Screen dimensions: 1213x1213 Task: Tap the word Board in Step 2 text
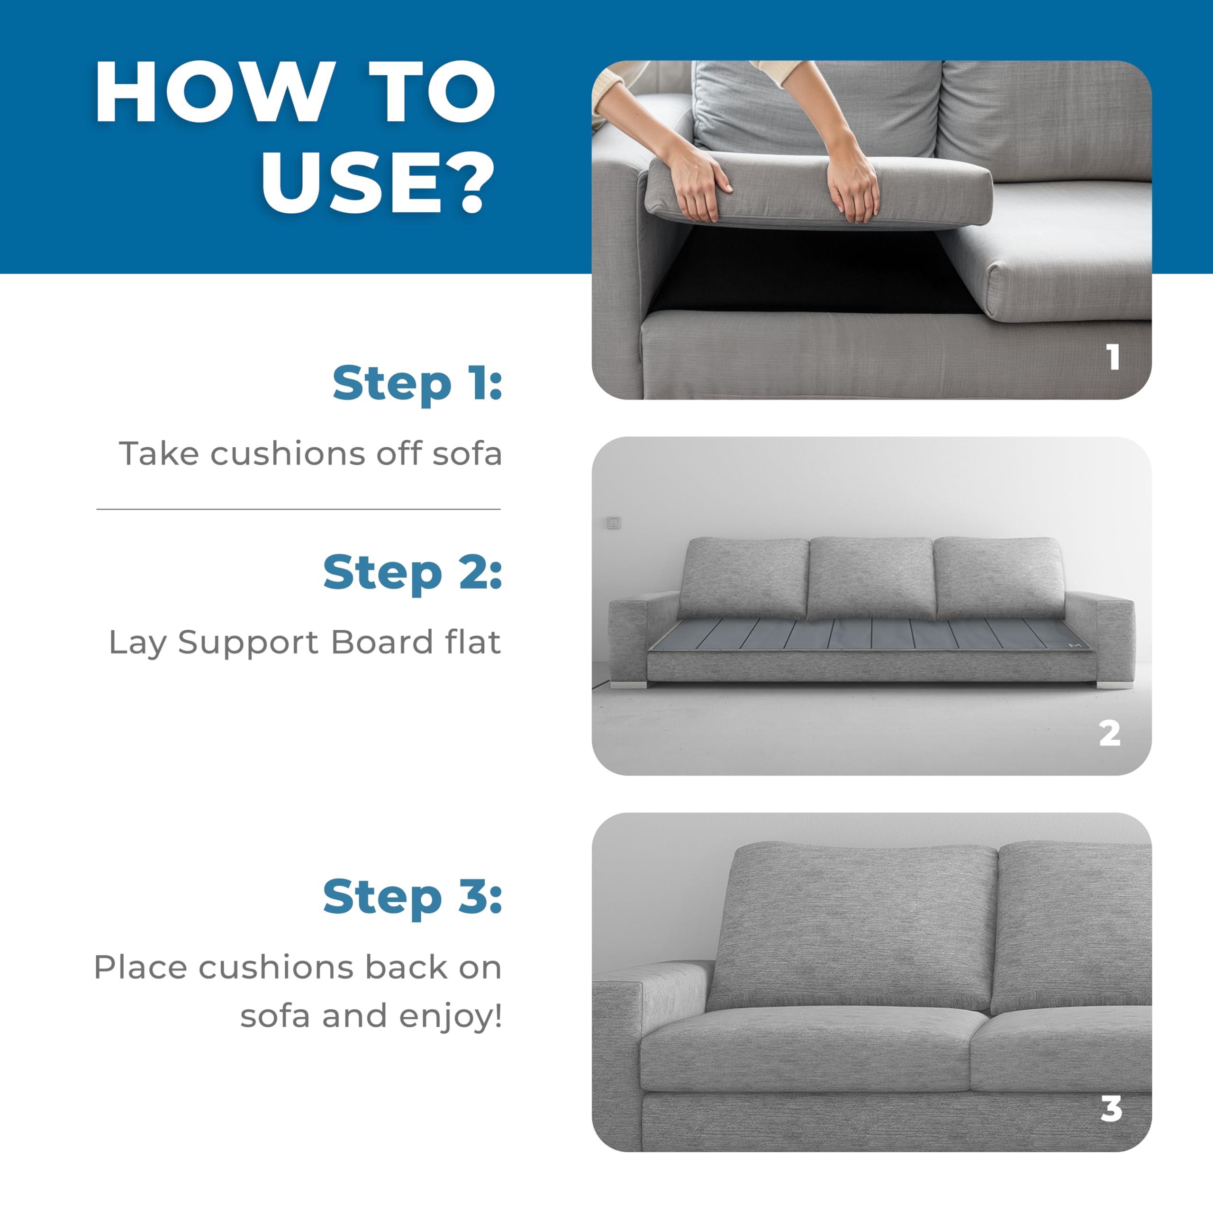pyautogui.click(x=382, y=643)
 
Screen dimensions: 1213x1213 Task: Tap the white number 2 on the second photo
pyautogui.click(x=1109, y=733)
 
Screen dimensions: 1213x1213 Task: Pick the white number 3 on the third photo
pyautogui.click(x=1111, y=1109)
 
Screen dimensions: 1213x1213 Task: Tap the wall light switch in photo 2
pyautogui.click(x=614, y=523)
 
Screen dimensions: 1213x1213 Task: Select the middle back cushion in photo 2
pyautogui.click(x=870, y=578)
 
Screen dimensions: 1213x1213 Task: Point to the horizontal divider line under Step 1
pyautogui.click(x=298, y=509)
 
